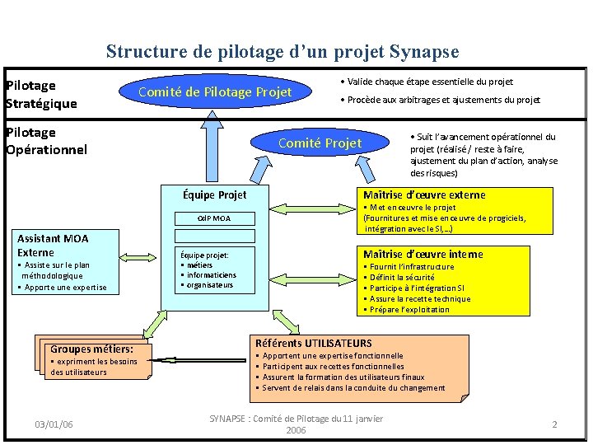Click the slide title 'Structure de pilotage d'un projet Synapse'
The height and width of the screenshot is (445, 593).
click(x=282, y=52)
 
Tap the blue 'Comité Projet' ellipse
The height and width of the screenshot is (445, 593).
click(x=320, y=143)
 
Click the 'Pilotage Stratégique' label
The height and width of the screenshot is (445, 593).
click(x=41, y=95)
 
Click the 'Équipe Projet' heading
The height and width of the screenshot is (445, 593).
click(x=214, y=195)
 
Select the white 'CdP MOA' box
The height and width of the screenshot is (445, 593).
click(x=214, y=218)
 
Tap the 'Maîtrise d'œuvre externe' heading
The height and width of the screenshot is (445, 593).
click(x=424, y=195)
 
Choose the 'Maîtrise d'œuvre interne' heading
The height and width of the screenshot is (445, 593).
click(x=423, y=255)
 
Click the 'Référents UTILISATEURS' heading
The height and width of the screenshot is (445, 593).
click(x=313, y=343)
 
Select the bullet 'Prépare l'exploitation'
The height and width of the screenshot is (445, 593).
click(x=409, y=310)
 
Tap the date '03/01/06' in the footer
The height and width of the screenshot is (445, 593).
click(x=54, y=424)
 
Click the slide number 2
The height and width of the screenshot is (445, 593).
click(x=554, y=424)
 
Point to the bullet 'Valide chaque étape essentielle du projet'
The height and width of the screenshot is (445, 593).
click(x=427, y=82)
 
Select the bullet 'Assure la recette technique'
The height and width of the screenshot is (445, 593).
click(x=420, y=299)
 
